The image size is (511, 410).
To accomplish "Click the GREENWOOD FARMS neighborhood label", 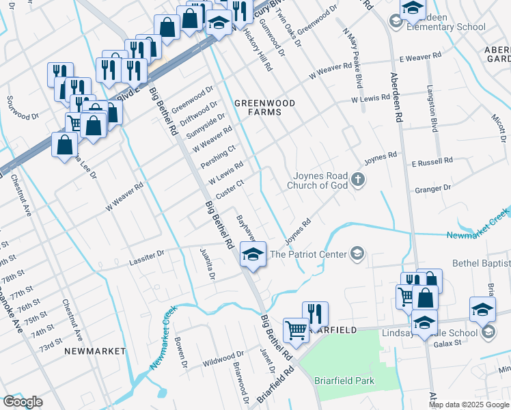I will pyautogui.click(x=264, y=107).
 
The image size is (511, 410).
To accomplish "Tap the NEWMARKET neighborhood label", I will pyautogui.click(x=96, y=351).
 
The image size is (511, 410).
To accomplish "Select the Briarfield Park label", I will pyautogui.click(x=344, y=381).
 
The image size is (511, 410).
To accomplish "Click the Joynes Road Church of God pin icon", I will pyautogui.click(x=358, y=180).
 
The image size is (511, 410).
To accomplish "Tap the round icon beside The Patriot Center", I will pyautogui.click(x=356, y=254).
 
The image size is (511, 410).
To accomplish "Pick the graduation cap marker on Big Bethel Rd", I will pyautogui.click(x=253, y=256).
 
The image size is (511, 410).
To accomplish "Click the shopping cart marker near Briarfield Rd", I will pyautogui.click(x=296, y=330).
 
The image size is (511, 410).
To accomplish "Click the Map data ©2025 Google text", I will pyautogui.click(x=469, y=405).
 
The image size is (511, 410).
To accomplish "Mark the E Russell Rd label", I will pyautogui.click(x=432, y=162).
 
